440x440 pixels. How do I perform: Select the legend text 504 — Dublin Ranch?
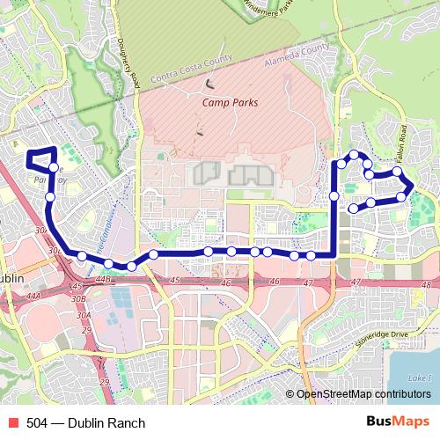click(85, 423)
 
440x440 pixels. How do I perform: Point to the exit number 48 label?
click(425, 283)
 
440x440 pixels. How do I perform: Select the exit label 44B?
click(103, 280)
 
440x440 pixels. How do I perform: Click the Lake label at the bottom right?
click(421, 378)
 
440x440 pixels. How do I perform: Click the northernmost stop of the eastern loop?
click(355, 156)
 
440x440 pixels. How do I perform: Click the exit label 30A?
click(84, 314)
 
